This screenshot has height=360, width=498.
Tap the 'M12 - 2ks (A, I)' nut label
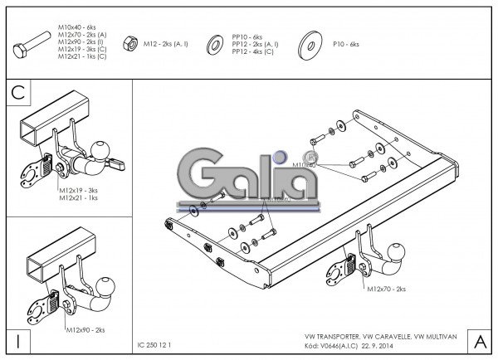(166, 41)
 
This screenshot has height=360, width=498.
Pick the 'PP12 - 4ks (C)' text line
(253, 51)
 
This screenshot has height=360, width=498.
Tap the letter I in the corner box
(17, 341)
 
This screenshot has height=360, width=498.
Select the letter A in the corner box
(479, 341)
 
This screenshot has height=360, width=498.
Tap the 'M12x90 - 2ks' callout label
(85, 330)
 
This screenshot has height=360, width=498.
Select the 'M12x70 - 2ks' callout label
(386, 289)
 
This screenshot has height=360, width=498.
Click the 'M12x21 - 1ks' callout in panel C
(79, 198)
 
